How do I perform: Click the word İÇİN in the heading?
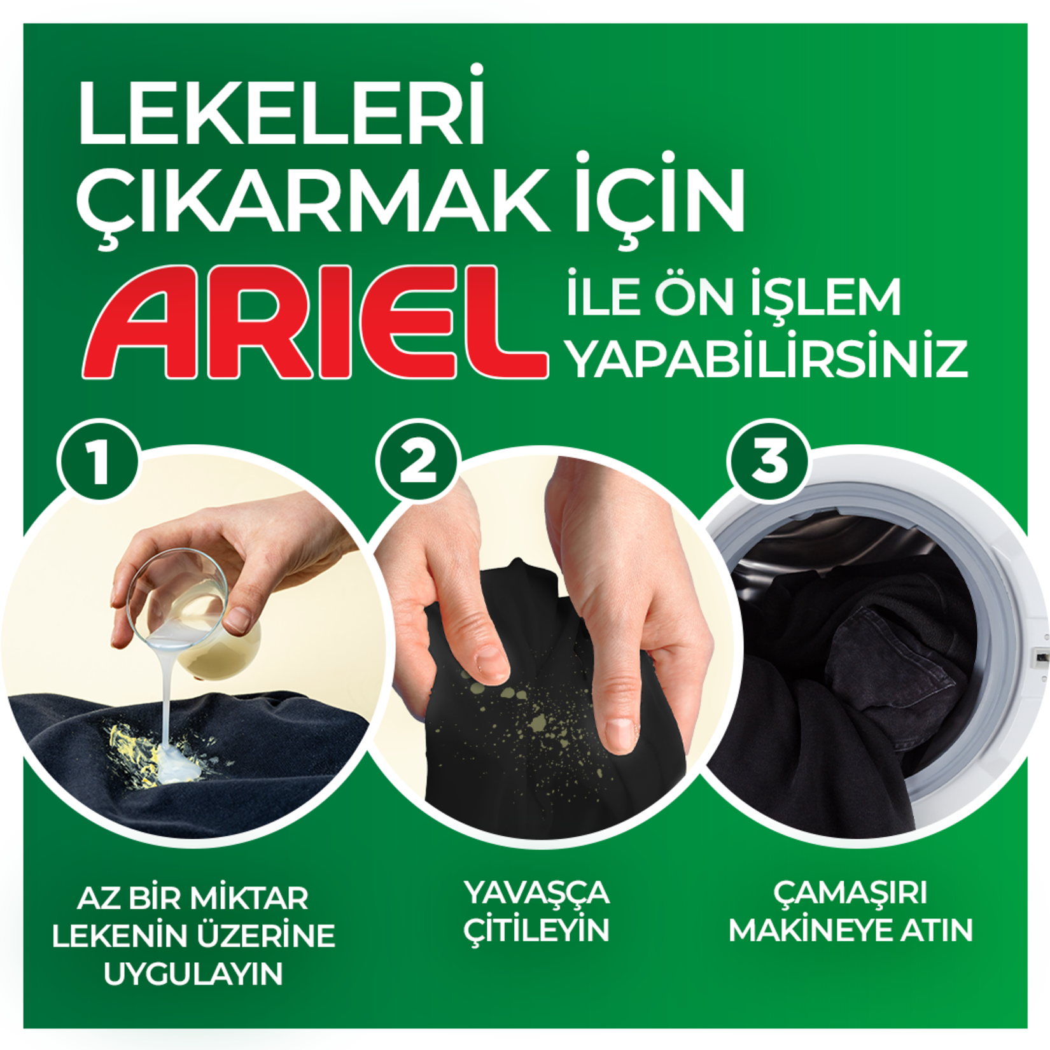point(659,200)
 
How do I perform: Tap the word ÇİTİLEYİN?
point(536,931)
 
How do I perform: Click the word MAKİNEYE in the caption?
point(808,931)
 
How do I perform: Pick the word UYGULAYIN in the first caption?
point(193,974)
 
